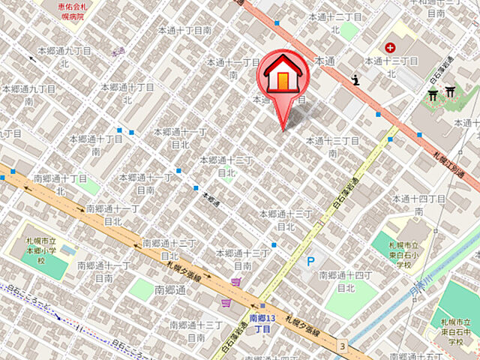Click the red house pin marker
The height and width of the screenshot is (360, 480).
click(283, 75)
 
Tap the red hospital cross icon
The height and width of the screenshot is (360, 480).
click(390, 47)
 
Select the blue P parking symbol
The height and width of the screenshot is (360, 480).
click(310, 262)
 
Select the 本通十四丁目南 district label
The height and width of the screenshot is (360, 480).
click(418, 205)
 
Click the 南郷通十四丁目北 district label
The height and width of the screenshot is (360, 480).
click(346, 281)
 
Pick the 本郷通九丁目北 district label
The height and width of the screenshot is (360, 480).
click(67, 57)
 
